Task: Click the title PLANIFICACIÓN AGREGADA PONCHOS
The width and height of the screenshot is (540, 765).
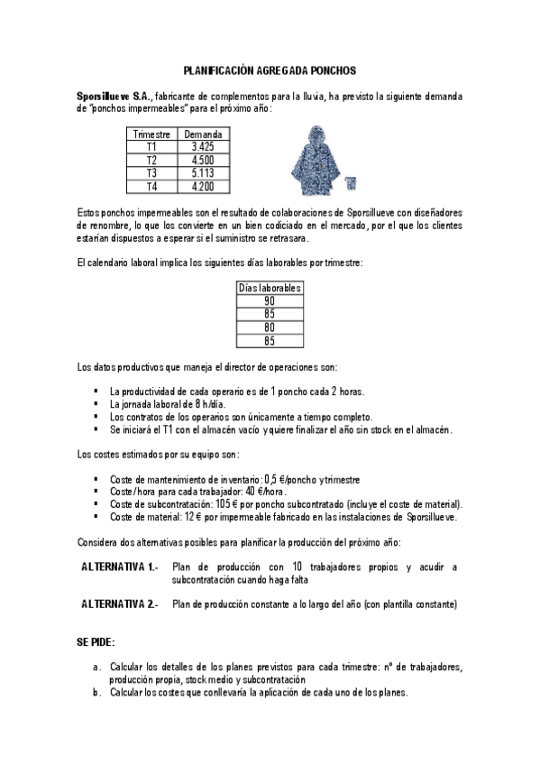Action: point(270,69)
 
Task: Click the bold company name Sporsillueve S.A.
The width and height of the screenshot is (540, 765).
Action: point(114,95)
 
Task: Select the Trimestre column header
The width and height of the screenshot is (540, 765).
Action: point(151,134)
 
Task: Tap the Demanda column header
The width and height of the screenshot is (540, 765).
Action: point(203,134)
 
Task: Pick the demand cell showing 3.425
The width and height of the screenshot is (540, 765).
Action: point(203,146)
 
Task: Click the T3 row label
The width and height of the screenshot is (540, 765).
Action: point(151,172)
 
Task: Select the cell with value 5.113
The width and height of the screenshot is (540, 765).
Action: point(203,172)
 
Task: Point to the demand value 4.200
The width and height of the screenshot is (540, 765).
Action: point(203,186)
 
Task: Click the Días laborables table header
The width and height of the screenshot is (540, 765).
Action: point(270,288)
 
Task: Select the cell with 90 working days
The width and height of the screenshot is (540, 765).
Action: point(270,301)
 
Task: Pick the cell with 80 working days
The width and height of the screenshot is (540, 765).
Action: point(270,327)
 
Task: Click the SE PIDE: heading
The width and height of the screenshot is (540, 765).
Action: point(96,641)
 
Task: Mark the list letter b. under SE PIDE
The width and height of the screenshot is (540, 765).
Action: point(96,692)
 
